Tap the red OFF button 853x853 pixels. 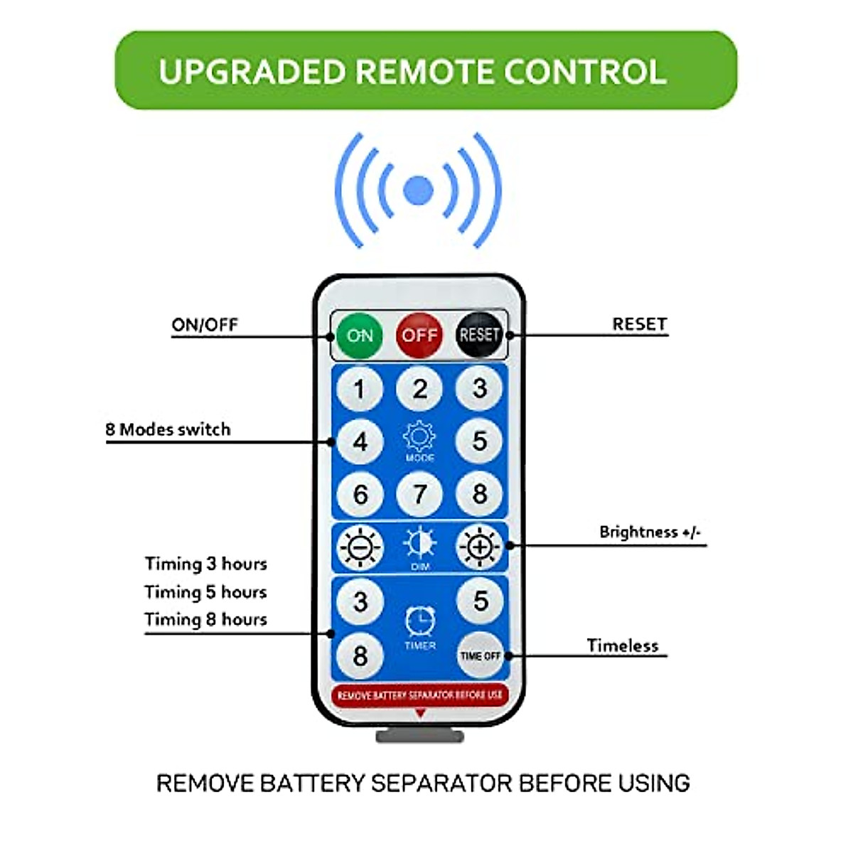419,335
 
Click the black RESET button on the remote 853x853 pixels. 479,335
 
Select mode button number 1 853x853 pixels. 360,389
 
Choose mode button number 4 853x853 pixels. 360,441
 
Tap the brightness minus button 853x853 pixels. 360,547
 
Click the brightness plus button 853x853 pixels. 479,547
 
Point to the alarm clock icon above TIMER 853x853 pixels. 420,621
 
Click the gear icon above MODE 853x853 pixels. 419,436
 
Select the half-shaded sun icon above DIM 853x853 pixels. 420,544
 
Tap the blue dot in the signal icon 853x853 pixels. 418,191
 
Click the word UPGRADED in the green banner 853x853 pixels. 252,72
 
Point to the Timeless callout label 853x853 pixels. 623,645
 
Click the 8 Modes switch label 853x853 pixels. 168,429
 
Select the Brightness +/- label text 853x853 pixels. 650,532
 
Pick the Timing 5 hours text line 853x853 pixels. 205,592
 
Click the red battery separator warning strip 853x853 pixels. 419,694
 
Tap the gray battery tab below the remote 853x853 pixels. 420,736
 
